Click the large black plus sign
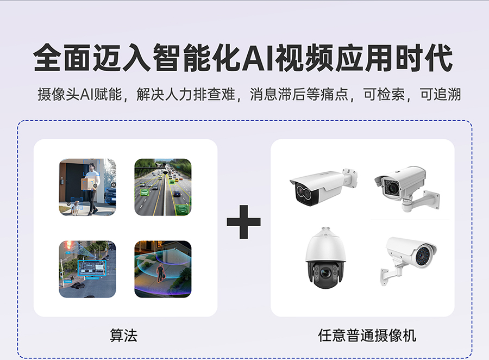click(243, 222)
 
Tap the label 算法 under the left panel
click(123, 336)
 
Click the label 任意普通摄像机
click(367, 336)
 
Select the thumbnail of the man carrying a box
click(87, 187)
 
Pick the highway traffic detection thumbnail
click(163, 187)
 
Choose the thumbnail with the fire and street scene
click(87, 269)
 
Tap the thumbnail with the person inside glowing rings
click(163, 269)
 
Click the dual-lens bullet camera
click(324, 186)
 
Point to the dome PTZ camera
click(325, 258)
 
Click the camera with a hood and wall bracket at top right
click(407, 188)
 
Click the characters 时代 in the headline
click(424, 58)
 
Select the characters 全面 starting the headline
click(62, 58)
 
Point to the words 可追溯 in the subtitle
click(440, 94)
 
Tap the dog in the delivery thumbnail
click(75, 207)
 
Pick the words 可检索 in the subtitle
click(384, 94)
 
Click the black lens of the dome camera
click(325, 274)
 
